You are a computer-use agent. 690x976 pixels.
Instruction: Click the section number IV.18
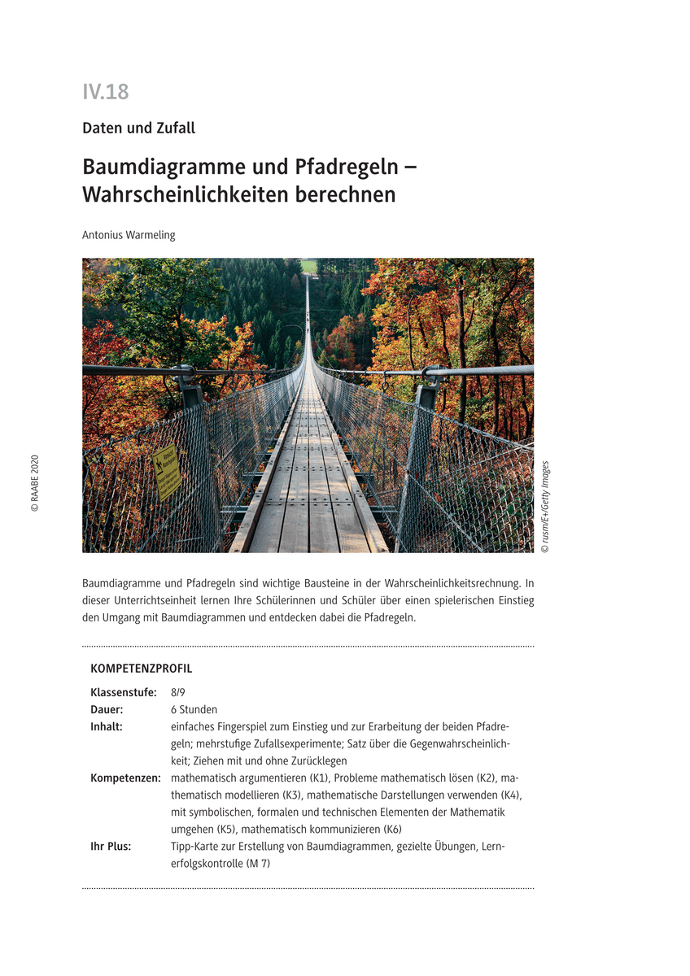105,92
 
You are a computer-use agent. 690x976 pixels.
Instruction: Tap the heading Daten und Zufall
138,128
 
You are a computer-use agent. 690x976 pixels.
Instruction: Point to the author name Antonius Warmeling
129,235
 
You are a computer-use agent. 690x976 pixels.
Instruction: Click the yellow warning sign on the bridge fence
167,473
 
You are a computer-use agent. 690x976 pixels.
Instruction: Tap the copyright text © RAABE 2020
34,483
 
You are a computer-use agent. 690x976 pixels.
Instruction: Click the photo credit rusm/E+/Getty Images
545,508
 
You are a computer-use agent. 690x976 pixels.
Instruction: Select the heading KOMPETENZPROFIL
142,669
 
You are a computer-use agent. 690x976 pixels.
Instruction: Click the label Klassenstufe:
123,693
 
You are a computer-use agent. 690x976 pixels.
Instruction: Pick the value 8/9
177,693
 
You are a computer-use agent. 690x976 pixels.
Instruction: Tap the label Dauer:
107,710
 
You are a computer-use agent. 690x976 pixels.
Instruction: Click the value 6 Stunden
194,710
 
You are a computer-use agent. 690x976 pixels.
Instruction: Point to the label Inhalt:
107,727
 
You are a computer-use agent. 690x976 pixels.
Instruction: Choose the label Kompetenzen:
125,778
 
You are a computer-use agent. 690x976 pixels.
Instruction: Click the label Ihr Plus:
111,847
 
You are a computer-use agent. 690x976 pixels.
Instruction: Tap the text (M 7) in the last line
257,864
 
